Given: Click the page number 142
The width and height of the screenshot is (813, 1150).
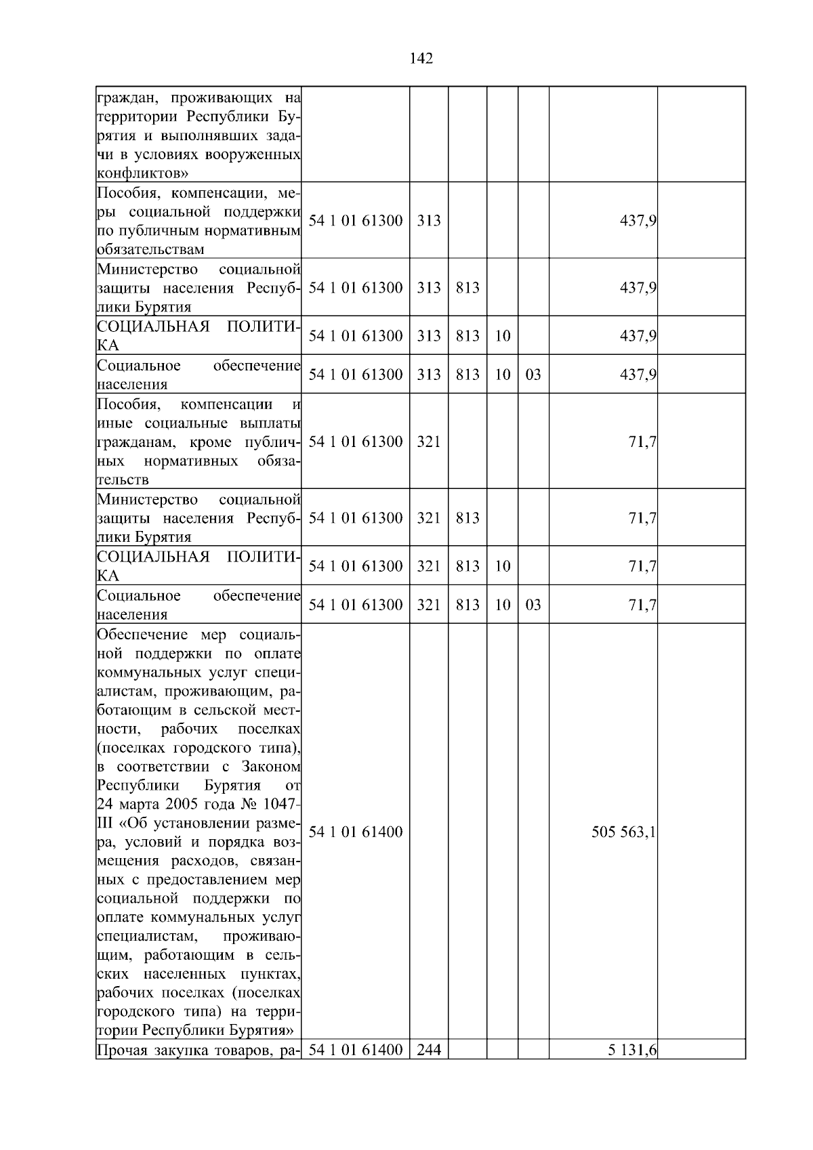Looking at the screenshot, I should click(421, 58).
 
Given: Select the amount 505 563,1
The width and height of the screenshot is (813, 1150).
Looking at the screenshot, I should click(623, 832).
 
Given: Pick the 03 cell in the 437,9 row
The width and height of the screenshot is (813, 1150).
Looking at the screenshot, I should click(533, 375).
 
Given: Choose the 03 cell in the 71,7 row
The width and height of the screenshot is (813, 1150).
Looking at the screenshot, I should click(533, 605).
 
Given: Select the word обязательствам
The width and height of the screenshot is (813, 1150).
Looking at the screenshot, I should click(150, 249).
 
